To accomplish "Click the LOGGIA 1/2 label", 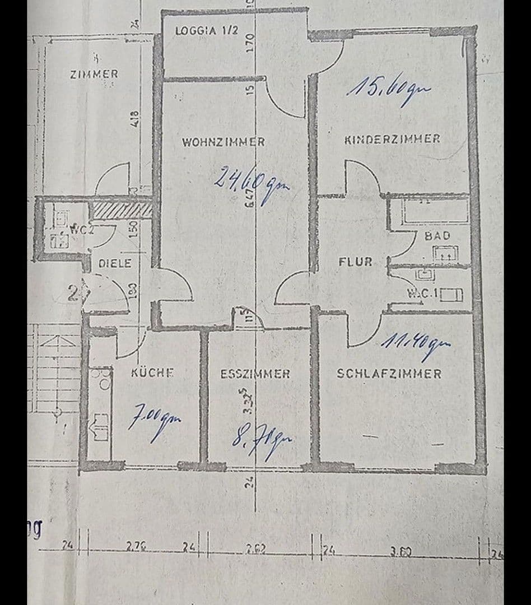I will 207,30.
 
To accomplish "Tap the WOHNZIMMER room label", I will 223,142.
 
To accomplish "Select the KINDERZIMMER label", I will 392,139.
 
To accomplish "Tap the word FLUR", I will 355,262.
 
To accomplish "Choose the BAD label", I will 437,236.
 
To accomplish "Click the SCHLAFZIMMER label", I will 389,374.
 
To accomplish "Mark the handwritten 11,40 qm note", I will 416,345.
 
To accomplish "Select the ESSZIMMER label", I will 255,374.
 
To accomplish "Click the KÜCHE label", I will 152,373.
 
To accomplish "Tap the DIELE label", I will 115,263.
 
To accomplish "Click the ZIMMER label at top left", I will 94,74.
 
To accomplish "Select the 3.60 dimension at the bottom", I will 401,552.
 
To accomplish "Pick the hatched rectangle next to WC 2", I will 122,210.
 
